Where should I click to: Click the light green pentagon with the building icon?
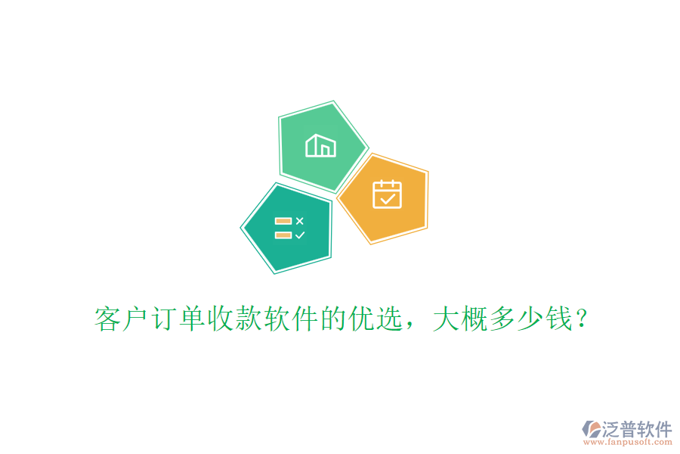tap(321, 145)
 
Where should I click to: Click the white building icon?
tap(320, 145)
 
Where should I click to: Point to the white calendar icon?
tap(387, 194)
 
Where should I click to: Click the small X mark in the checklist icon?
tap(300, 221)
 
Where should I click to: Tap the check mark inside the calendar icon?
tap(388, 199)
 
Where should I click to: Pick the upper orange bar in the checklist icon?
tap(283, 221)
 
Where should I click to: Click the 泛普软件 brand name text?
tap(636, 429)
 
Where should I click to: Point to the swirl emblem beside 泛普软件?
tap(591, 431)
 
